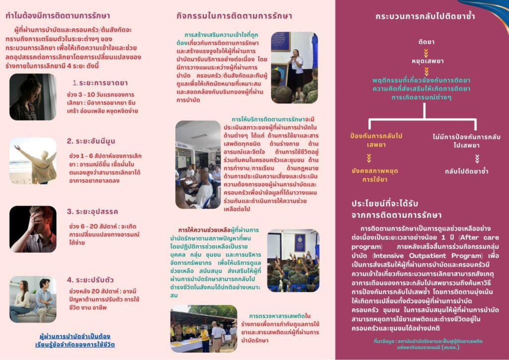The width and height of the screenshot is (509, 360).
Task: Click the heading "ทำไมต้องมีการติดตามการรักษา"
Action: [58, 16]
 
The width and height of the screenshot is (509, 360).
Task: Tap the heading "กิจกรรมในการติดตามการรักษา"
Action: [234, 16]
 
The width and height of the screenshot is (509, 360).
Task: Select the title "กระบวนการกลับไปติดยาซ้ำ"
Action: [425, 16]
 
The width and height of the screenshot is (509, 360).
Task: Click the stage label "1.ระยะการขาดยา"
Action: [100, 83]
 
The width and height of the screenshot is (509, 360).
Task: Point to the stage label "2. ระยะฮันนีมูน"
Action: [91, 141]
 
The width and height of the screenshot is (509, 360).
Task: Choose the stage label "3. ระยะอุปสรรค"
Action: [92, 211]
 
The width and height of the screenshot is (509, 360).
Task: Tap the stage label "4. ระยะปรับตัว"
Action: [91, 279]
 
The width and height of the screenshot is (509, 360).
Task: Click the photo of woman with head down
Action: [33, 97]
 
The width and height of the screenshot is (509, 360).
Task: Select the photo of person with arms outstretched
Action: [33, 161]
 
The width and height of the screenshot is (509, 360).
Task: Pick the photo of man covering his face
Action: [33, 229]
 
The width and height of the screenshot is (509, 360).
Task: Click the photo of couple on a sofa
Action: [33, 299]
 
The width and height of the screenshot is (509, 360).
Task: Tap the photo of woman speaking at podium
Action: [294, 68]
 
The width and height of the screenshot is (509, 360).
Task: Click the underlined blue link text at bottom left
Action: [75, 340]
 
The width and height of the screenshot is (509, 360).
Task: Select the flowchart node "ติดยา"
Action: [425, 41]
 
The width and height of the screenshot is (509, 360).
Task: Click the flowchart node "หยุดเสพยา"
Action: [425, 61]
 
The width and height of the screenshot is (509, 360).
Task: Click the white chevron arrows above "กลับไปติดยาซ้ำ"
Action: [477, 159]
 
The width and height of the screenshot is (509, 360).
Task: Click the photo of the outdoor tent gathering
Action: [203, 329]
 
